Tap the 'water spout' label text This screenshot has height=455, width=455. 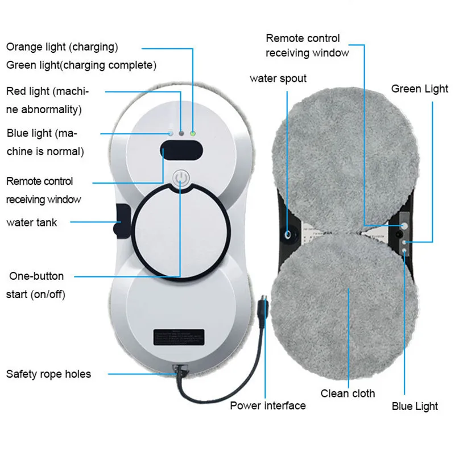(278, 78)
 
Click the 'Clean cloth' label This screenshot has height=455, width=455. (348, 393)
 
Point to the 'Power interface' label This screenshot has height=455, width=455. (267, 406)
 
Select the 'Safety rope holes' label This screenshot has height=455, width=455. (48, 374)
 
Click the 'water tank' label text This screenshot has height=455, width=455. (32, 222)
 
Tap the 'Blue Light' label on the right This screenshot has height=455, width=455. (415, 406)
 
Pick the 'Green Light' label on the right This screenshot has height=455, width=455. (420, 89)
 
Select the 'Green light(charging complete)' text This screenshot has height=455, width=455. (81, 65)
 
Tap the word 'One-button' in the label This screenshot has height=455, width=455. (36, 276)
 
